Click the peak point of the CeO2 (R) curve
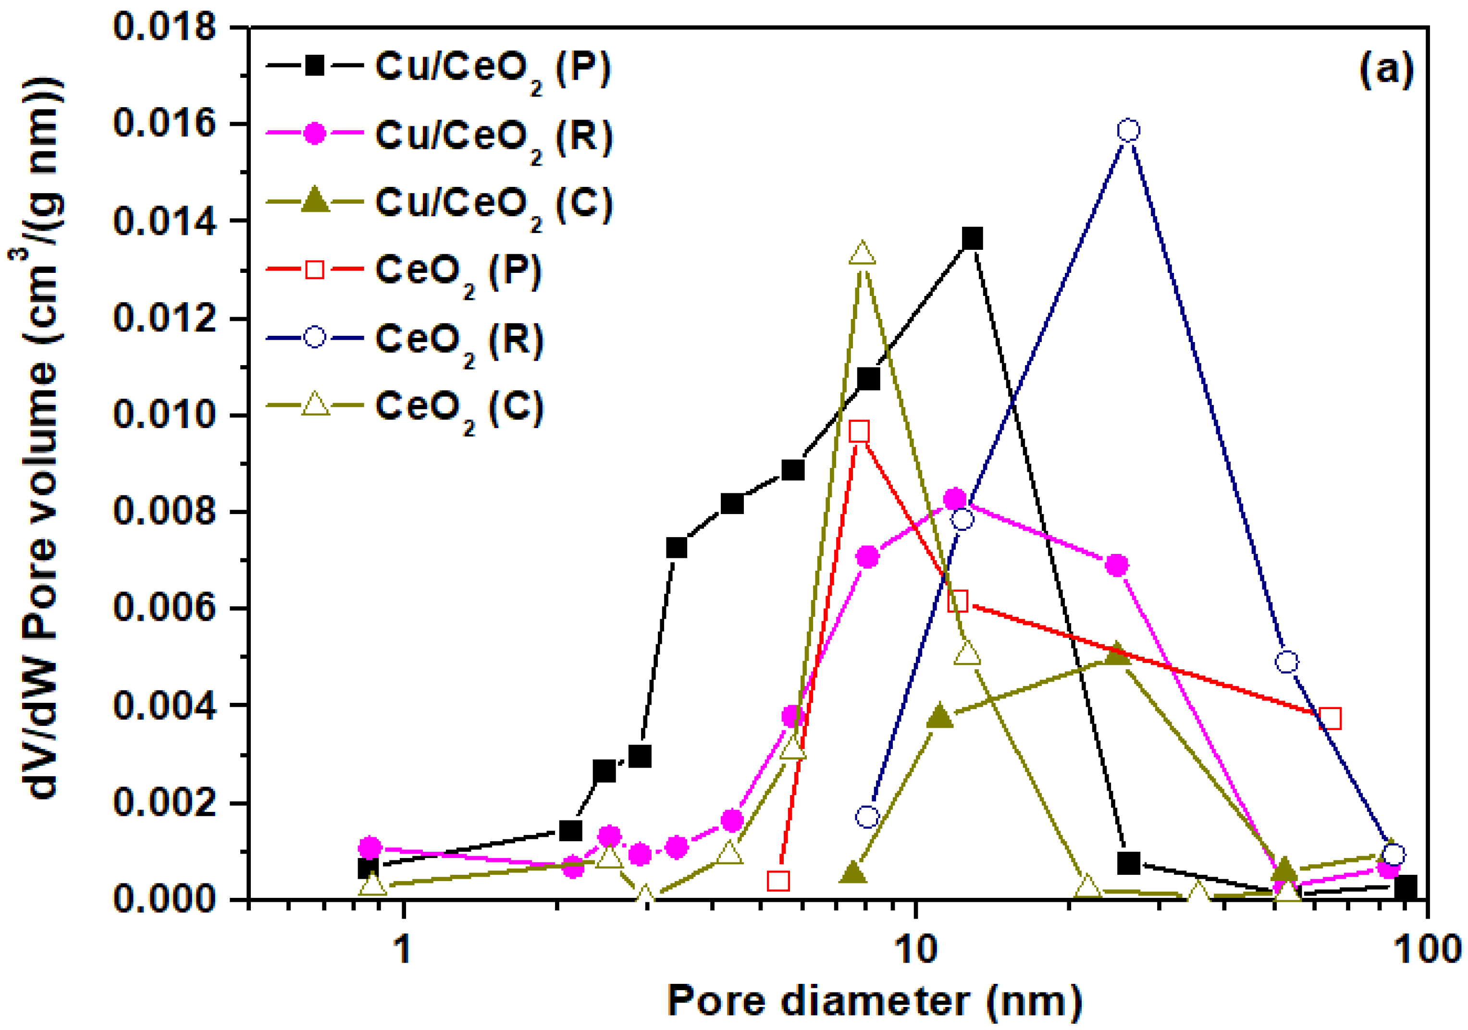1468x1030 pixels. pos(1129,130)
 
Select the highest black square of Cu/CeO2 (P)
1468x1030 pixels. pos(972,239)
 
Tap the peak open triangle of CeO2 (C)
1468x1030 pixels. pos(863,254)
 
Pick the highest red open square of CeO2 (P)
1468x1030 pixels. pos(860,432)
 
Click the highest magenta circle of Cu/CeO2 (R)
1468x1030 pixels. pos(955,499)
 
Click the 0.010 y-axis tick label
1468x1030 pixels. pos(164,415)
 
